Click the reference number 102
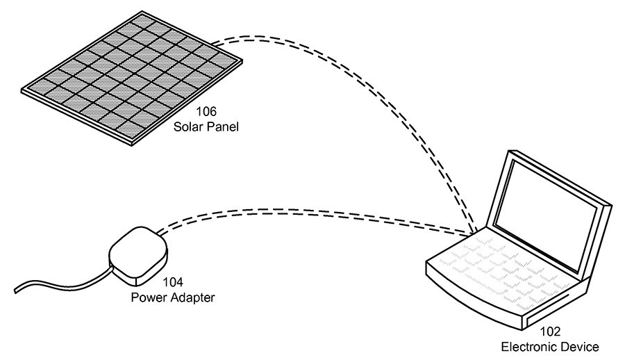[x=549, y=332]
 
